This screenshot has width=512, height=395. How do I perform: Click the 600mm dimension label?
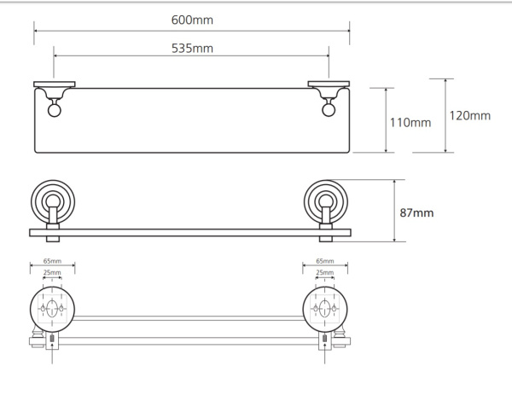coord(192,20)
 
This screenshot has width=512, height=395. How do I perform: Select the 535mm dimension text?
coord(192,49)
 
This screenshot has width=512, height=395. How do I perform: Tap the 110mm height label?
coord(410,123)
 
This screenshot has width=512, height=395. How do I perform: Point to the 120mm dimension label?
coord(470,116)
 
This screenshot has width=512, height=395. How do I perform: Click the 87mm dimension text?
coord(416,212)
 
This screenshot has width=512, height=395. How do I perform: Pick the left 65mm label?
coord(52,261)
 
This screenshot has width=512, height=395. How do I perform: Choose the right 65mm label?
coord(325,261)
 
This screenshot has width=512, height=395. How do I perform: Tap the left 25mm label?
coord(52,272)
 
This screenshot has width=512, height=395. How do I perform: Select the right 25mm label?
coord(325,272)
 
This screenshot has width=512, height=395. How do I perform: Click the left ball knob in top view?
coord(55,110)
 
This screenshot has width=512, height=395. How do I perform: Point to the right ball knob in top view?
coord(329,110)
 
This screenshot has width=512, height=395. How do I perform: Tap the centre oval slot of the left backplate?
coord(51,308)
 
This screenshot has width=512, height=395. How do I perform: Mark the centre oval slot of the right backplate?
coord(324,308)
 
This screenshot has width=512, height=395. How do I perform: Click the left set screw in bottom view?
coord(52,339)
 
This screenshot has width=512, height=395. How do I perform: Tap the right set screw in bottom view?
coord(324,339)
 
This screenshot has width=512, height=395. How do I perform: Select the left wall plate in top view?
coord(55,84)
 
